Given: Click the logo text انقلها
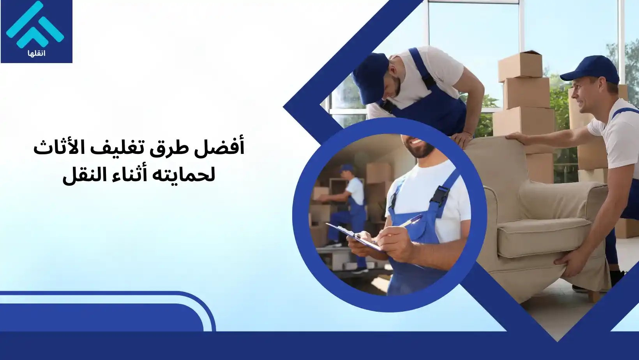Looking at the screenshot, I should pos(37,53).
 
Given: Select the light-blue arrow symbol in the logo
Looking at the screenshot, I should pos(35,26).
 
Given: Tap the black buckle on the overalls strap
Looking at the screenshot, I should pos(440,194).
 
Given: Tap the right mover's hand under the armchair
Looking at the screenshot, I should pos(569,259).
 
